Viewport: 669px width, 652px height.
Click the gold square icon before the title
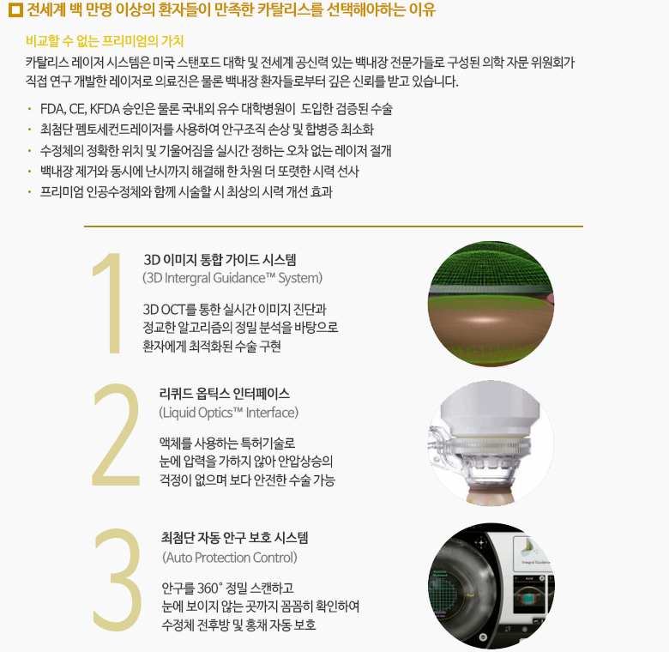coord(15,9)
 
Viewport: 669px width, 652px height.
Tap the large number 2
coord(116,434)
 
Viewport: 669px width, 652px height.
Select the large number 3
coord(118,579)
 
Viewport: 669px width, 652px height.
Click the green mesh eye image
coord(491,304)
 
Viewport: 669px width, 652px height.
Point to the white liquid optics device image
coord(491,444)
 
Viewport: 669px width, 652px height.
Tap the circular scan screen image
coord(491,585)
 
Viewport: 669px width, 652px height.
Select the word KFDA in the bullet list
coord(105,109)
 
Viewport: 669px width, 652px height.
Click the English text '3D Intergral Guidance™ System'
coord(232,278)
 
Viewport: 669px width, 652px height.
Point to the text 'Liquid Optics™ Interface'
coord(229,413)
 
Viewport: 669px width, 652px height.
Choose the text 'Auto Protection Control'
coord(230,558)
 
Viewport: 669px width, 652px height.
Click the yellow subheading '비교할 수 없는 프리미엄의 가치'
coord(105,41)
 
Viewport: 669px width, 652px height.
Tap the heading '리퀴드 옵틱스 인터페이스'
coord(225,394)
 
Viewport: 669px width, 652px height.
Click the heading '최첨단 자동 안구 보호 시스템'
coord(235,538)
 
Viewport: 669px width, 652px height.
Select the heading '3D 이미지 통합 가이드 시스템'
coord(220,259)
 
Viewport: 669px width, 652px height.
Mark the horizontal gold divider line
coord(334,226)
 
